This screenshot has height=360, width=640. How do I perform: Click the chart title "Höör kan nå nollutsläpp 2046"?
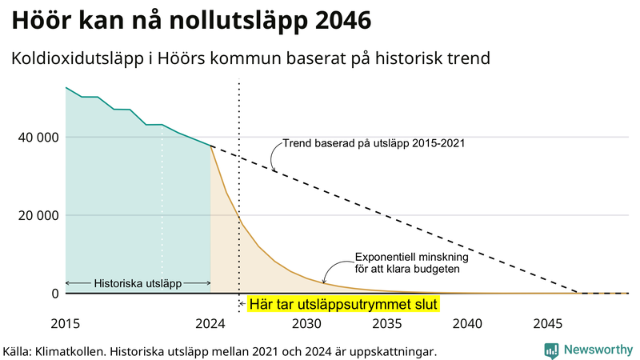tap(191, 22)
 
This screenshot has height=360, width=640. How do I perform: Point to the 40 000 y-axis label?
tap(37, 137)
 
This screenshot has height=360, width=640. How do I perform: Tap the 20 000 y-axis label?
tap(37, 215)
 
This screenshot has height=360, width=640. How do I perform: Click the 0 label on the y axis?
tap(54, 294)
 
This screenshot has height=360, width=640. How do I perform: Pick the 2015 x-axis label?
tap(66, 324)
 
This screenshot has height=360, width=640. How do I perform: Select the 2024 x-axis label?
tap(210, 324)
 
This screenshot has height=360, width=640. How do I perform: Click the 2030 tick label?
tap(306, 324)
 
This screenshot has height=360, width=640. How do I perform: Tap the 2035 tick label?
tap(387, 324)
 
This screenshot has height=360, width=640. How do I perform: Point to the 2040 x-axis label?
tap(467, 324)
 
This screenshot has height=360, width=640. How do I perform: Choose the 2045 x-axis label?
tap(548, 324)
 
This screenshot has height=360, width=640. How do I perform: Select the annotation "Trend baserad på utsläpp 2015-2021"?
tap(374, 144)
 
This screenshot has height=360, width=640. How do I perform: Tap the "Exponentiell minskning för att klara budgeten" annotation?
tap(411, 263)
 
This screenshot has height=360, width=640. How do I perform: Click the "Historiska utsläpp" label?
tap(138, 283)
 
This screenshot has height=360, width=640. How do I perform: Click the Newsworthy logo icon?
tap(551, 350)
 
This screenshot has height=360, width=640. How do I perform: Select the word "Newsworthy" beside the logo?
tap(598, 350)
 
